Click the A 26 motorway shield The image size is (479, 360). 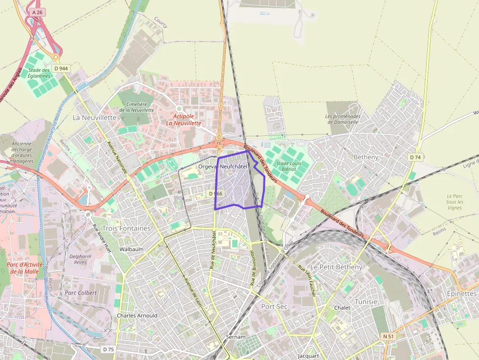[x=37, y=11]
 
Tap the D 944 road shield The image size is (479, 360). [x=61, y=68]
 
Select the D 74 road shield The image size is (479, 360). [x=415, y=157]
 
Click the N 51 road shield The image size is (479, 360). [x=388, y=336]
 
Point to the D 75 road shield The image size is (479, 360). [x=108, y=349]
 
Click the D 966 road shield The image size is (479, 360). [x=216, y=194]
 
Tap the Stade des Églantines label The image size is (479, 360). [x=39, y=73]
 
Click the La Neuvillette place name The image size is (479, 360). [x=94, y=118]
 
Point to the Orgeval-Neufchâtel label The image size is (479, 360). [x=223, y=167]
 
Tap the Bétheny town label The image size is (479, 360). [x=366, y=157]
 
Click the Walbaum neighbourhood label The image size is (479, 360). [x=131, y=249]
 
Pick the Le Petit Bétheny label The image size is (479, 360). [x=336, y=267]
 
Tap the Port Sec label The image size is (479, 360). [x=274, y=306]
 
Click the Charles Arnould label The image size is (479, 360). [x=137, y=316]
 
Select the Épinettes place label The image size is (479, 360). [x=461, y=294]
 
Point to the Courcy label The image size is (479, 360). [x=161, y=21]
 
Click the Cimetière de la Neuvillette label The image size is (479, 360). [x=137, y=107]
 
